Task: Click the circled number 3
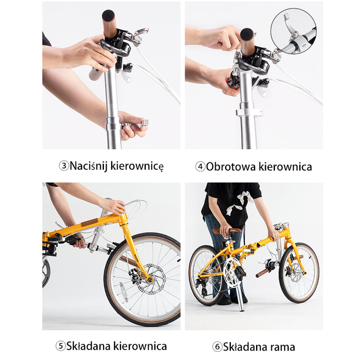click(64, 166)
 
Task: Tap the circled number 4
click(200, 166)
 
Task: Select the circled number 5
click(61, 346)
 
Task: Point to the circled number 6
click(217, 346)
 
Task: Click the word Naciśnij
click(89, 166)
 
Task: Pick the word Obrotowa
click(231, 166)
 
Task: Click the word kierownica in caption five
click(140, 346)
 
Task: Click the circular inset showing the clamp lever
click(293, 31)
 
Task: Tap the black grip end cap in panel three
click(108, 16)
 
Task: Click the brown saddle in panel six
click(227, 230)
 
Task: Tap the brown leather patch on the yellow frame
click(90, 222)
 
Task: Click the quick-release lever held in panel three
click(135, 124)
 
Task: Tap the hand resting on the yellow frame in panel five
click(113, 206)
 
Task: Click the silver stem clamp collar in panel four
click(249, 112)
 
